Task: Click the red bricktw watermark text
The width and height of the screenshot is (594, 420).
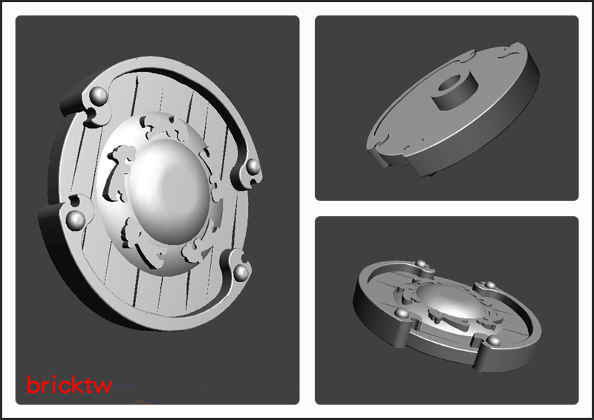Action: point(69,384)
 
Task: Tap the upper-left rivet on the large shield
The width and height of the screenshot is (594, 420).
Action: point(99,95)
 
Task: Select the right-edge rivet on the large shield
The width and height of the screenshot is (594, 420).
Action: point(252,166)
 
